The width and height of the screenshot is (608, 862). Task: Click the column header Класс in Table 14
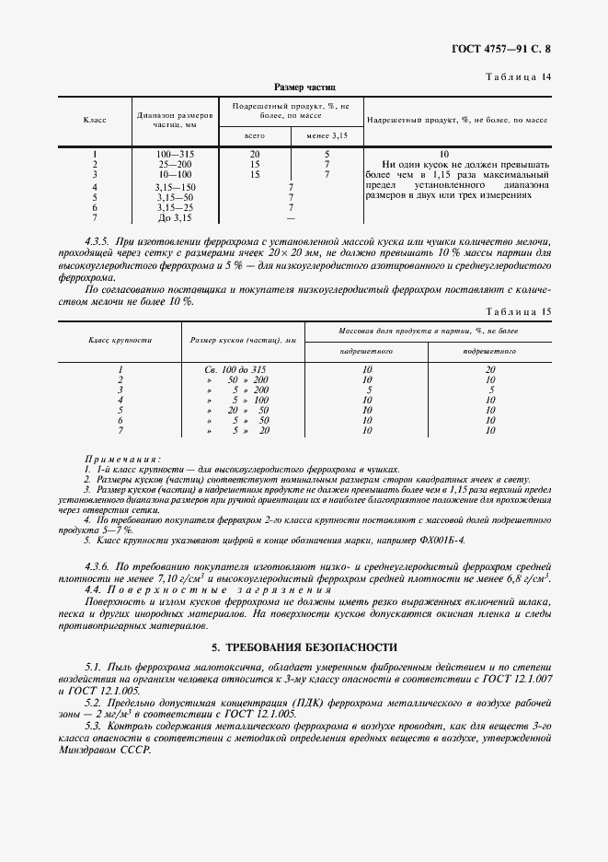95,121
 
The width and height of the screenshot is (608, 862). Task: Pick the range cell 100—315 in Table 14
175,154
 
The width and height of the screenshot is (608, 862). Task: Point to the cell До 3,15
175,218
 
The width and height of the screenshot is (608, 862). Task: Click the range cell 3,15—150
175,187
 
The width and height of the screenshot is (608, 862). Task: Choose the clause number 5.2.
93,701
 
